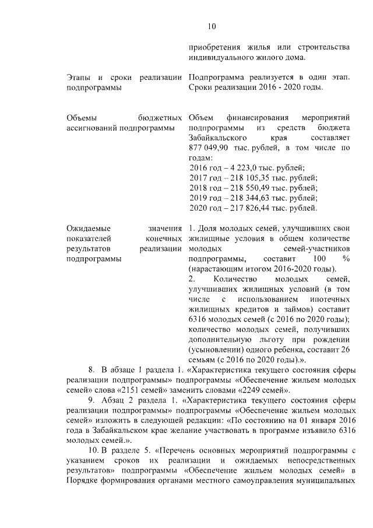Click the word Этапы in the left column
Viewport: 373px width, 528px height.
(79, 78)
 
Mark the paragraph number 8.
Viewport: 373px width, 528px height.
(92, 370)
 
